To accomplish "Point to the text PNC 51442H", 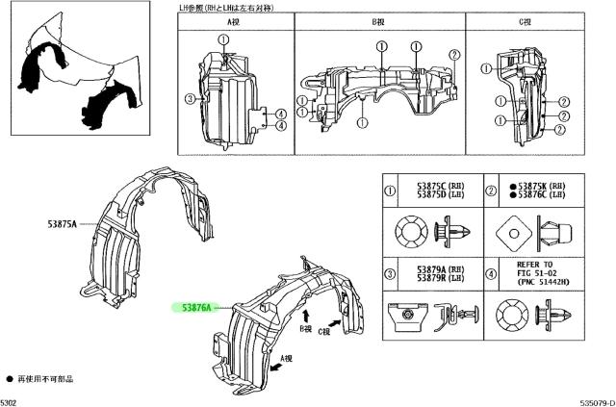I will [541, 283].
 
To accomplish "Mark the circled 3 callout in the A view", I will [191, 98].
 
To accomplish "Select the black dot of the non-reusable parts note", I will [10, 379].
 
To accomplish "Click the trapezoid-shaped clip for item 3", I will [405, 313].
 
